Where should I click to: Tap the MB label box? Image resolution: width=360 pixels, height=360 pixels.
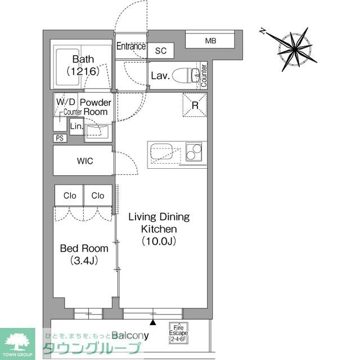coord(210,40)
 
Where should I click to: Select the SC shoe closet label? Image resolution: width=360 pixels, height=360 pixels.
coord(161,51)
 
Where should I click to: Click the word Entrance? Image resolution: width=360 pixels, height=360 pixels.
coord(131,47)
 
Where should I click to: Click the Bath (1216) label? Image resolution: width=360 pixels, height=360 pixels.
coord(83,65)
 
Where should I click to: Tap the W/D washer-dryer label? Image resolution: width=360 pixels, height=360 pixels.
coord(65,102)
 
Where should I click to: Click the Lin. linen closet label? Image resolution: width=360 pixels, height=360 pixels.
coord(76,127)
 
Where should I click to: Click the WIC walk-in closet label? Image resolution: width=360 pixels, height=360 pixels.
coord(85,161)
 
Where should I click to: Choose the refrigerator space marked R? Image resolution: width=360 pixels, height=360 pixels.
coord(195,105)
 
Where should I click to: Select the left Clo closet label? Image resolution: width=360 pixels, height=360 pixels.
coord(69,196)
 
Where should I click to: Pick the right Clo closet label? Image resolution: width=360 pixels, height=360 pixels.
coord(98,196)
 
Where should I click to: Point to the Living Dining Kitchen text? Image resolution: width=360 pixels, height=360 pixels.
coord(159,229)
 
